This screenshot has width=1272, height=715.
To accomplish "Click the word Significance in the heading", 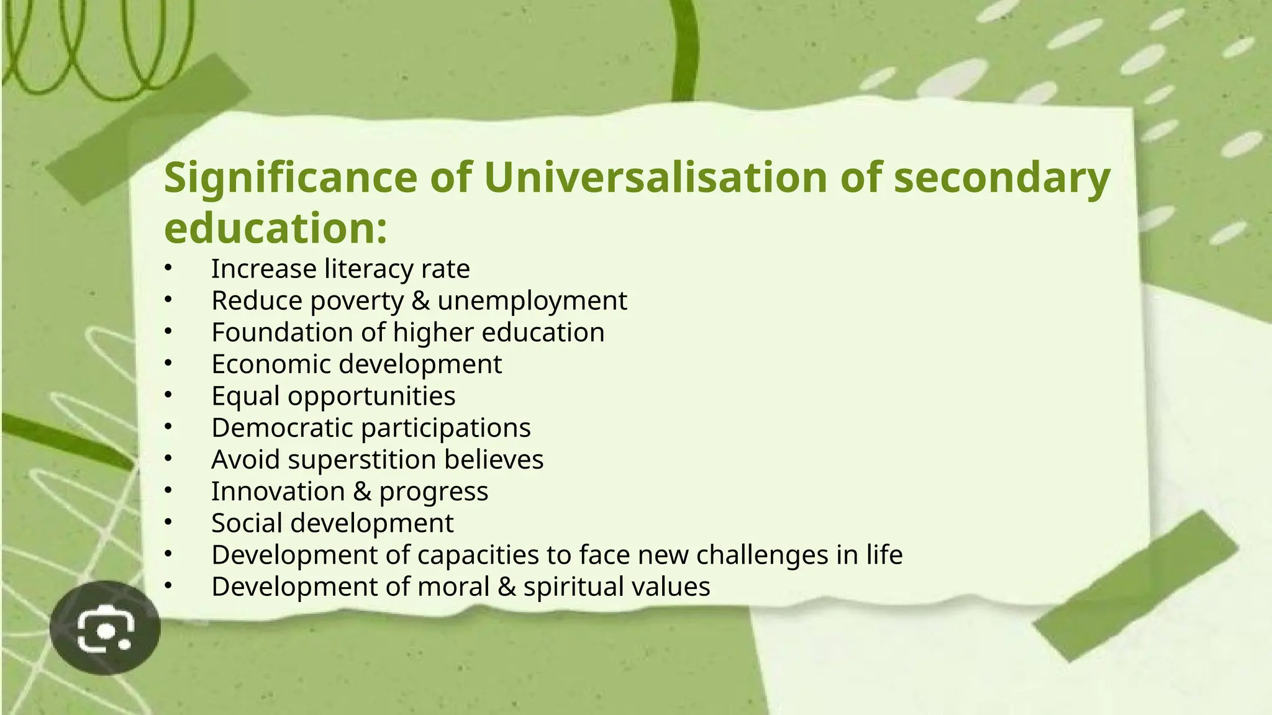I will point(291,179).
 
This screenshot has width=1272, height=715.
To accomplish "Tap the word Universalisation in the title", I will point(655,178).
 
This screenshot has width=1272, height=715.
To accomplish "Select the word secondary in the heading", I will point(1001,179).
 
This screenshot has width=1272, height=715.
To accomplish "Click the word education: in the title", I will point(276,228).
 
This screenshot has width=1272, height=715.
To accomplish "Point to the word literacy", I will point(368,269).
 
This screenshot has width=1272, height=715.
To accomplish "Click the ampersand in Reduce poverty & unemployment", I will point(420,301).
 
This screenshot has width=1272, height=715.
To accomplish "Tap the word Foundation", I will point(282,333).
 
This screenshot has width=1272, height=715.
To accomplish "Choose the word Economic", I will point(271,364).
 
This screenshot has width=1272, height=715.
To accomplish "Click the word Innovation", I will point(278,492).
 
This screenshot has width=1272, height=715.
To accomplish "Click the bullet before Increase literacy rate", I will point(167,268).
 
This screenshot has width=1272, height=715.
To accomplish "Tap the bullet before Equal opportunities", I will point(167,395).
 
